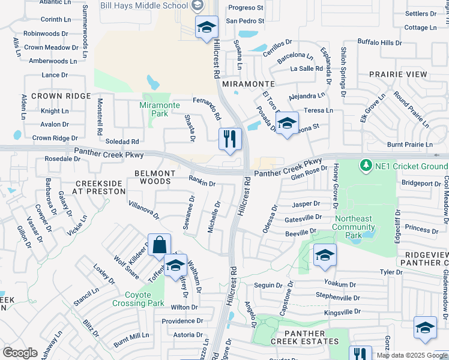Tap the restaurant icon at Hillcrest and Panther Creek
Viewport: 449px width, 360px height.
(x=229, y=139)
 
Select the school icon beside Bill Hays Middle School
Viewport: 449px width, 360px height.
(x=206, y=28)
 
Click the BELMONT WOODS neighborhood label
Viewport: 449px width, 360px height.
(x=155, y=177)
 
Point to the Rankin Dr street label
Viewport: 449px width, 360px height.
(x=202, y=181)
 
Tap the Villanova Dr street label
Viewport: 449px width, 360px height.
(x=143, y=209)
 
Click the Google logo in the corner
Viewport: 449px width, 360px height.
(x=20, y=352)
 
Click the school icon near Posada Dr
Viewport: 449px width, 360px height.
(x=288, y=124)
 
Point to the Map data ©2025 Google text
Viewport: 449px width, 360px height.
(x=411, y=355)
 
